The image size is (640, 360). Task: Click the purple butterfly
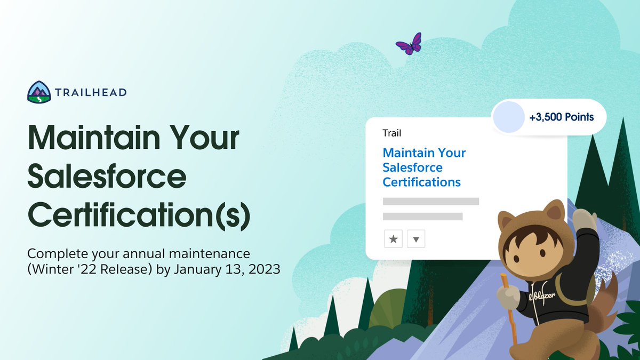coord(409,44)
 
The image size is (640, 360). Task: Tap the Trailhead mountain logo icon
coord(39,92)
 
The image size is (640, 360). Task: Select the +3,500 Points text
coord(562,117)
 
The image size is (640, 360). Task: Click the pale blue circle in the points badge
coord(508,116)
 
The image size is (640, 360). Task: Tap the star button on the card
coord(393,239)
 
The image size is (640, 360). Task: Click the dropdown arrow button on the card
coord(416,239)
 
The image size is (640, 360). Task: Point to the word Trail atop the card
coord(391,133)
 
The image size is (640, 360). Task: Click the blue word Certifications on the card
coord(421,182)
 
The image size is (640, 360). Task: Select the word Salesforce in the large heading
coord(107,177)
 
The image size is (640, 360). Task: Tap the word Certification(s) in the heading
coord(139,214)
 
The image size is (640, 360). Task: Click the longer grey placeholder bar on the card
coord(430,201)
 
